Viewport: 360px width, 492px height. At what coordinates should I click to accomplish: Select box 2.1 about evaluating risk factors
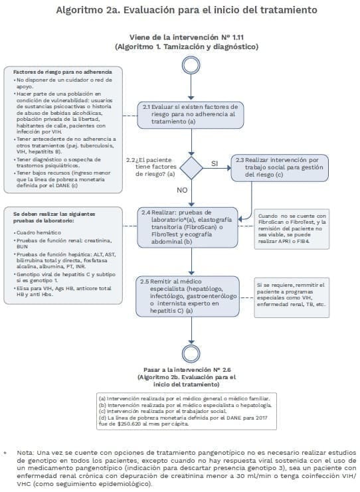click(x=191, y=114)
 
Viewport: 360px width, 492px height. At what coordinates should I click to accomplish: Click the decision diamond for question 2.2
click(x=191, y=166)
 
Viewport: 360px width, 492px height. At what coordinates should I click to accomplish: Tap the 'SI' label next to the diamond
click(x=215, y=163)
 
